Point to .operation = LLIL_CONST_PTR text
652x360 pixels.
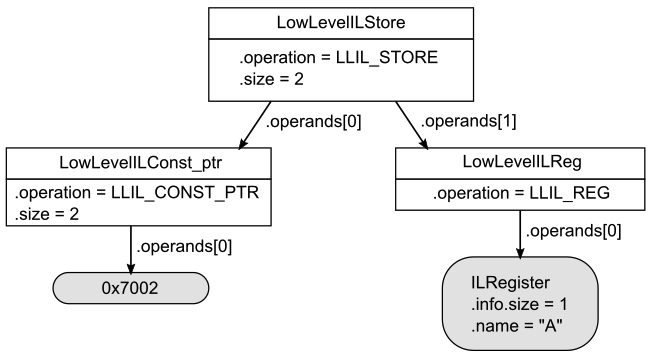(137, 192)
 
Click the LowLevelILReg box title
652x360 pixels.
(519, 163)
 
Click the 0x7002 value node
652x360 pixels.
(131, 288)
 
